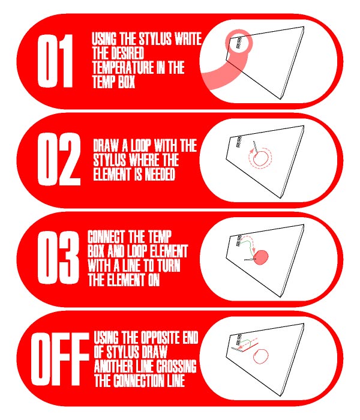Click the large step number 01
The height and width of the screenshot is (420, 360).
click(55, 61)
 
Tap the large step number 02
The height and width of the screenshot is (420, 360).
click(59, 159)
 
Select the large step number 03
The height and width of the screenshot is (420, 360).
click(58, 257)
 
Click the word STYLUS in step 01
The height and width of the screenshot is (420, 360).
click(155, 38)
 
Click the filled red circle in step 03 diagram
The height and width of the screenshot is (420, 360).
click(260, 257)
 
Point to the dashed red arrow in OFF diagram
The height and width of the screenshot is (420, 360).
click(248, 344)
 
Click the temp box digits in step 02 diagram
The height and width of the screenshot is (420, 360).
click(239, 142)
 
